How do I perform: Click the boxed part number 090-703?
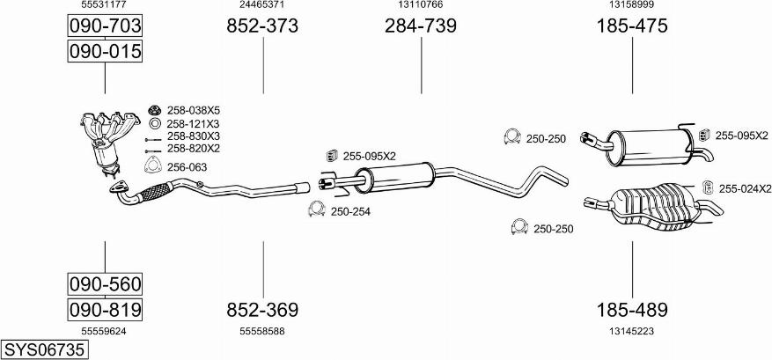(x=105, y=26)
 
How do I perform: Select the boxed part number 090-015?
(x=105, y=51)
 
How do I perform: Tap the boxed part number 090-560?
(x=105, y=283)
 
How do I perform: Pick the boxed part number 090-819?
(x=105, y=310)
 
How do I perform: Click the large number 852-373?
(x=262, y=26)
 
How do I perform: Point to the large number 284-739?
(x=421, y=26)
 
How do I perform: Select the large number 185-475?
(x=632, y=26)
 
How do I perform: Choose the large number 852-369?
(x=262, y=310)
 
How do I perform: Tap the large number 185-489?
(x=632, y=310)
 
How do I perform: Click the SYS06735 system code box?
(x=44, y=349)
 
